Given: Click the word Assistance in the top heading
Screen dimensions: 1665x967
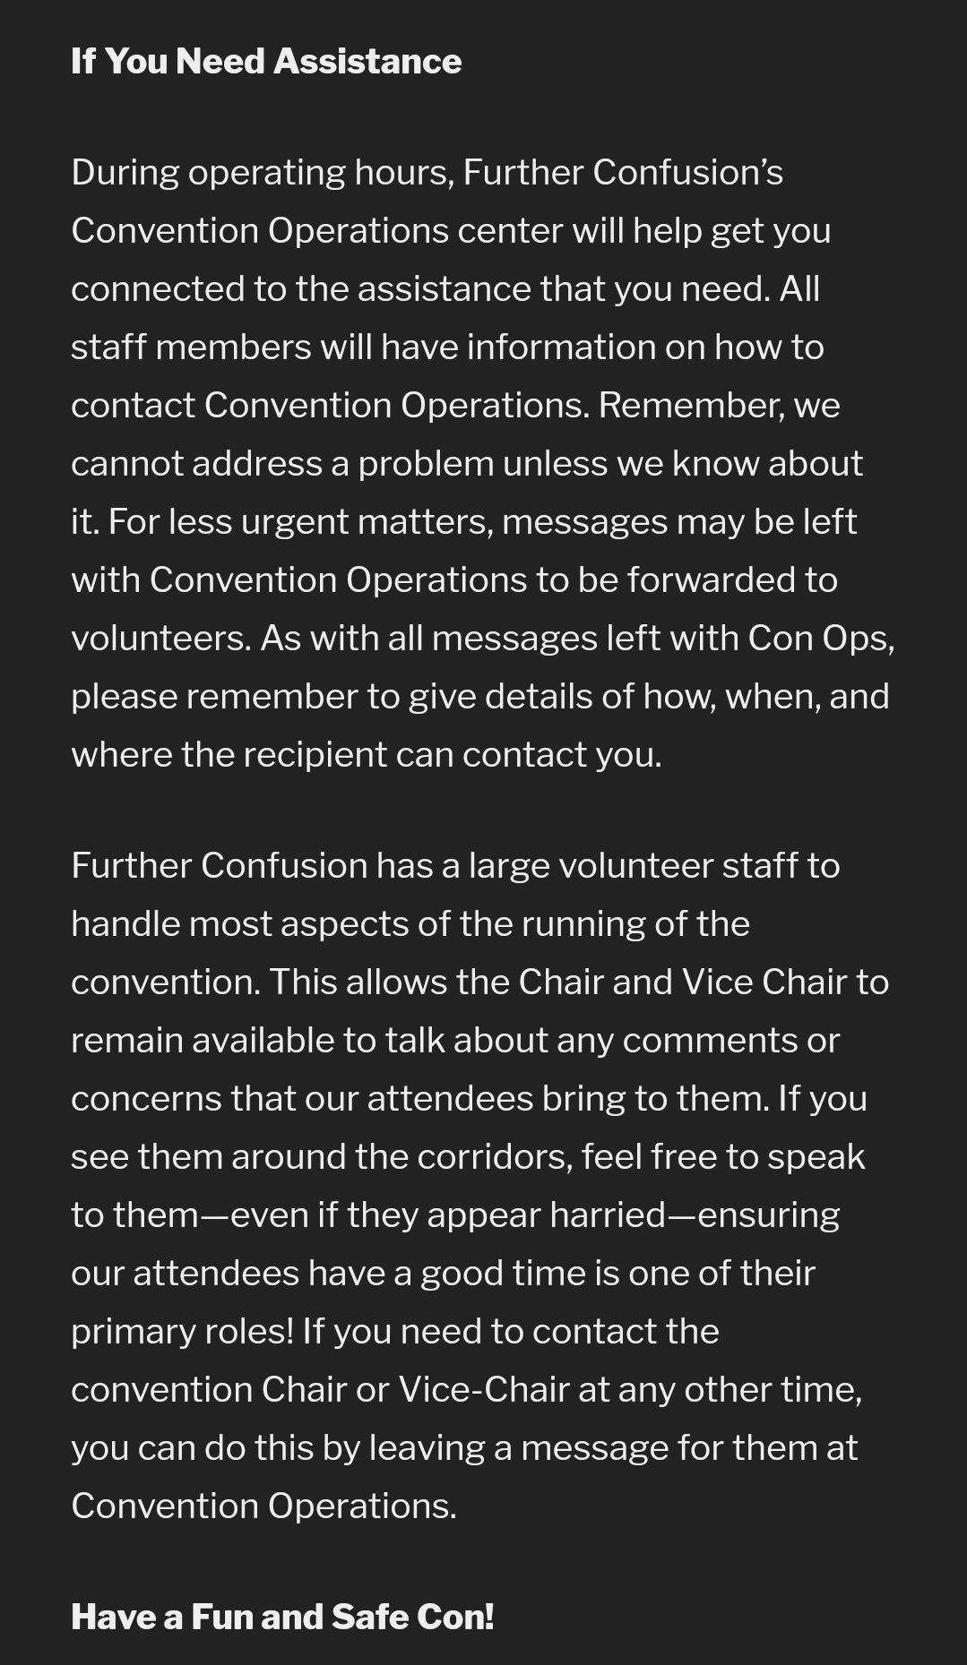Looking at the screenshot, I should click(x=367, y=61).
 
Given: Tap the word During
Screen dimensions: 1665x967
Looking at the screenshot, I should click(x=125, y=173).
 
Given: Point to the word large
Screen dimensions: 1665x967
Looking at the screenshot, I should click(x=508, y=866).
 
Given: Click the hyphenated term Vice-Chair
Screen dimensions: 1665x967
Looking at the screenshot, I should click(x=484, y=1390).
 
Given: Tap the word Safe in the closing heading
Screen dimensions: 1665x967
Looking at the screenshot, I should click(x=368, y=1618).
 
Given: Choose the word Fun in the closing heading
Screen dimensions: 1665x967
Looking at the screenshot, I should click(x=220, y=1618).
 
